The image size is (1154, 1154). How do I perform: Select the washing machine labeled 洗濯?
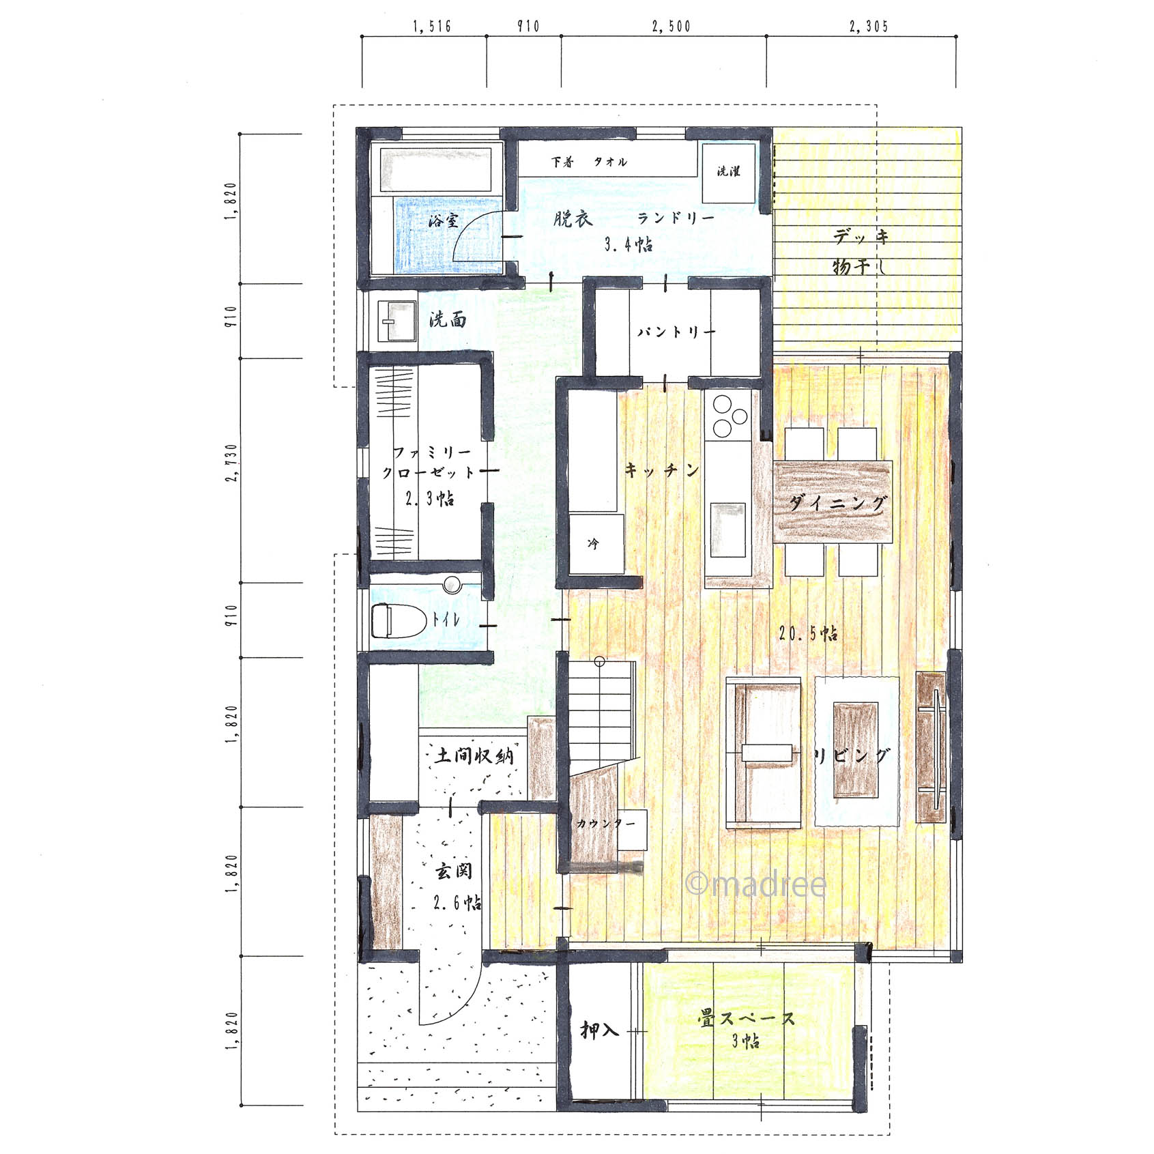(x=730, y=173)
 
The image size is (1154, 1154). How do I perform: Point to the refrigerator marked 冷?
(x=596, y=544)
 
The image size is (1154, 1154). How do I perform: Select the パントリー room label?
(x=676, y=332)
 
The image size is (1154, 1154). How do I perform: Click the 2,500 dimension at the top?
(x=672, y=26)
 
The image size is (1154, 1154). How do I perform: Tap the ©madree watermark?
(x=755, y=884)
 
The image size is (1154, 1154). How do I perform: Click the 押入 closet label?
(x=599, y=1030)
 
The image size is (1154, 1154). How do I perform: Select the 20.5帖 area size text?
(x=809, y=633)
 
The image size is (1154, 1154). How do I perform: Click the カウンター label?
(x=606, y=824)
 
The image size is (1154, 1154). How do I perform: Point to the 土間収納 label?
(x=474, y=755)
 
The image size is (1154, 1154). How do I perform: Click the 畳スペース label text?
(x=747, y=1019)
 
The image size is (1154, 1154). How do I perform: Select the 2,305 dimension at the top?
(x=869, y=26)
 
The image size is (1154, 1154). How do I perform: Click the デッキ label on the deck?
(x=862, y=237)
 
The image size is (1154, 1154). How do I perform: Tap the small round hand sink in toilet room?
(x=452, y=584)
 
